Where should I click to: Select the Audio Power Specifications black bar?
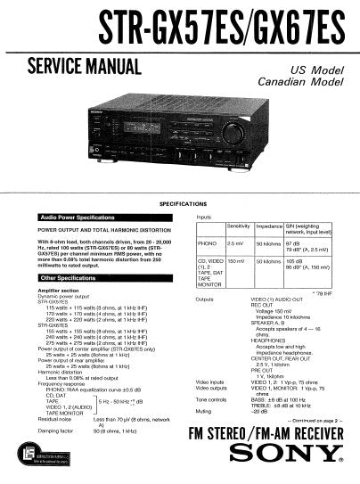pyautogui.click(x=80, y=218)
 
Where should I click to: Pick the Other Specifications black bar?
pyautogui.click(x=80, y=278)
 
